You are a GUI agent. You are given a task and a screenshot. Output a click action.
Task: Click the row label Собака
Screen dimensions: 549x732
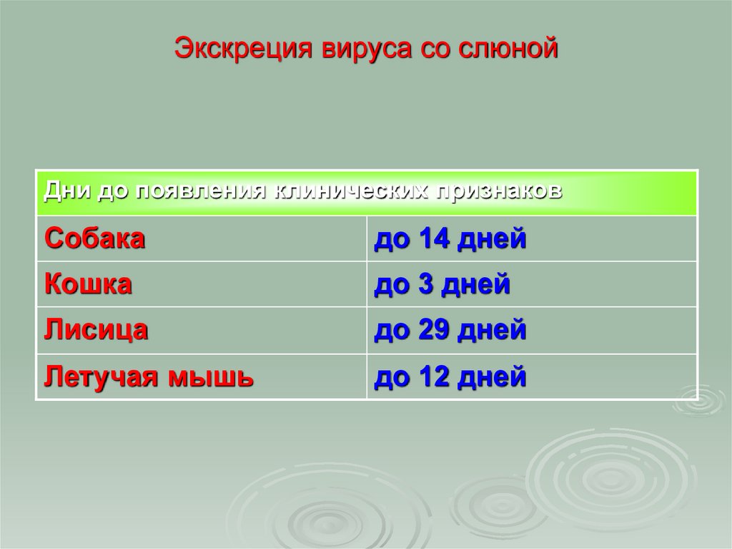coord(95,238)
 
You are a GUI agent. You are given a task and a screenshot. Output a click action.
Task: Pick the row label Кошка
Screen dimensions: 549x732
coord(89,284)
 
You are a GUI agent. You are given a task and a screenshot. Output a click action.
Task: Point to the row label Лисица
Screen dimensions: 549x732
coord(97,330)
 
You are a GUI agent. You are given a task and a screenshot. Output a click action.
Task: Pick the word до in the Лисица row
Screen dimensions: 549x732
coord(389,330)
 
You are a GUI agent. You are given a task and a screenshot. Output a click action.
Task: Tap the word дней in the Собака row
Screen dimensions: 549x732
coord(493,238)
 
